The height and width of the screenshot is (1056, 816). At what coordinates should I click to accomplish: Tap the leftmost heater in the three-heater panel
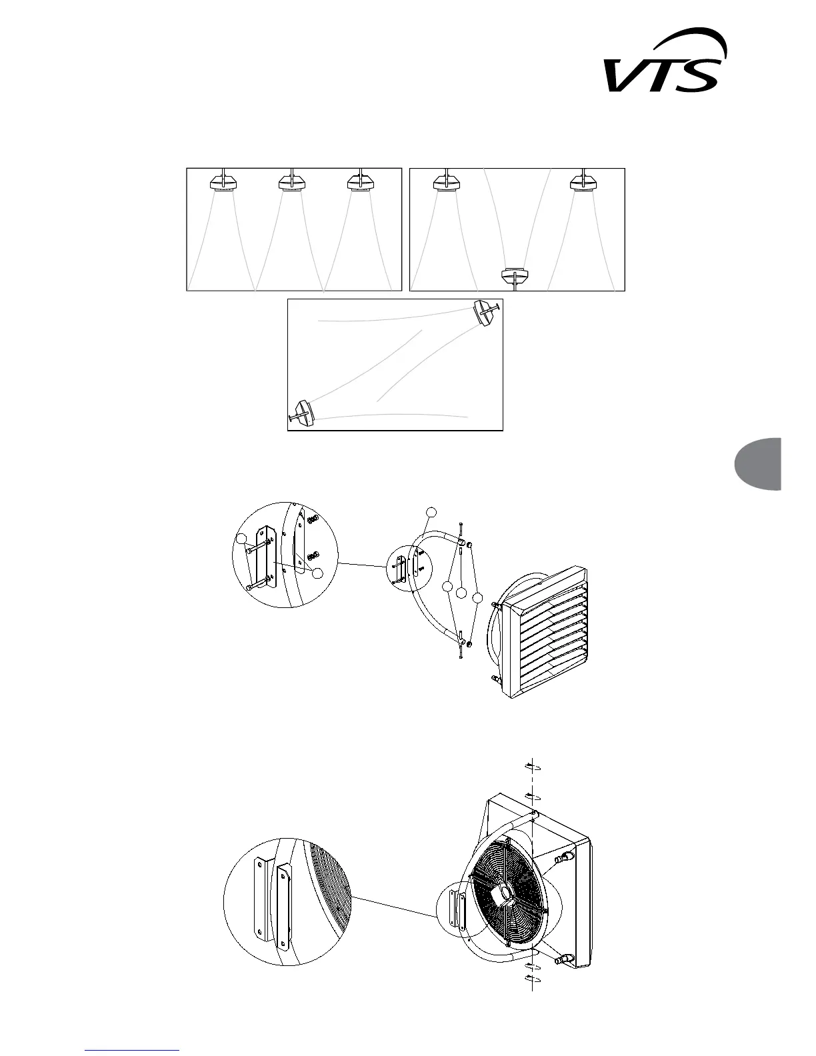[221, 181]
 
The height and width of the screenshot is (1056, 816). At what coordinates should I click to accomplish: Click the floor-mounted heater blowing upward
[515, 275]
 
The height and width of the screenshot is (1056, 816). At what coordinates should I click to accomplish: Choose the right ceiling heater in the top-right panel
[585, 181]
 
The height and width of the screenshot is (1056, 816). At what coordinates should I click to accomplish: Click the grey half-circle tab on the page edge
[759, 463]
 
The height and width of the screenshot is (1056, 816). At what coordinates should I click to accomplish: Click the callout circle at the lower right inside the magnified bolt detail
[318, 573]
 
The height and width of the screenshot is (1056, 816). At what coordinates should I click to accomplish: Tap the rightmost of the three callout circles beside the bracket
[477, 598]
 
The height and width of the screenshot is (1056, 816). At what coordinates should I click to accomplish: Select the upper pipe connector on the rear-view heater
[567, 855]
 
